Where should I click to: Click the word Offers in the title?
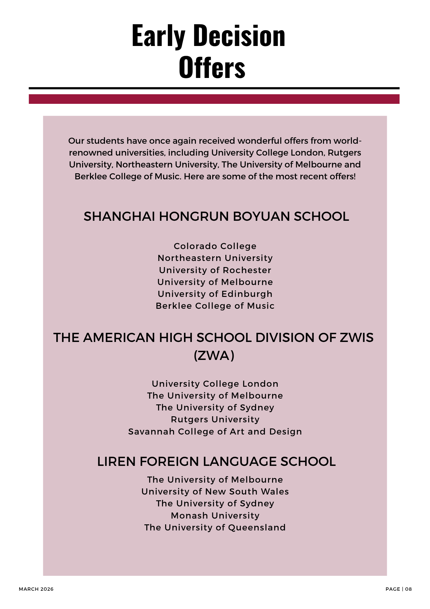[212, 68]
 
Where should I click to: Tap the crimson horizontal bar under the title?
[214, 99]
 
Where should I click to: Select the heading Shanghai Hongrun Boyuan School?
[216, 216]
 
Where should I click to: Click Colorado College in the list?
[215, 246]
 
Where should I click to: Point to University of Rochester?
[215, 270]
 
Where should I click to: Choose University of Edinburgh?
[215, 294]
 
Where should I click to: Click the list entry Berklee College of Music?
[215, 306]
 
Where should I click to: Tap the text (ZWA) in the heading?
[214, 355]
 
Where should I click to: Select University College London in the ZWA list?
[215, 384]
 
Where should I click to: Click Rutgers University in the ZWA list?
[215, 419]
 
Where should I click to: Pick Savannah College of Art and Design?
[215, 431]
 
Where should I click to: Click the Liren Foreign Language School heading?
[216, 462]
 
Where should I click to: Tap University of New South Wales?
[215, 491]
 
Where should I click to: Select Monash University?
[215, 516]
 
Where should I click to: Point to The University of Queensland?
[215, 527]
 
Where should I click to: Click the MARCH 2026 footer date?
[36, 589]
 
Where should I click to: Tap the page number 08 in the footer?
[408, 589]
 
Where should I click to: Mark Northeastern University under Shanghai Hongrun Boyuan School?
[215, 258]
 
